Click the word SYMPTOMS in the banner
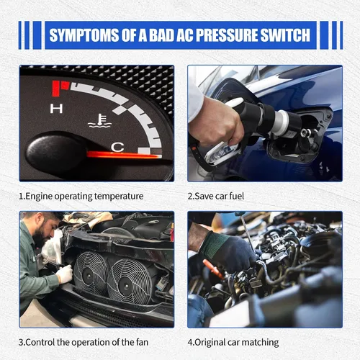coord(84,35)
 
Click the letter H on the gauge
coord(56,109)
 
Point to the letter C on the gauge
coord(117,147)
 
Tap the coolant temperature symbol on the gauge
coord(100,120)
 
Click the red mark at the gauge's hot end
coord(60,89)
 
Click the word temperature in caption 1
coord(119,197)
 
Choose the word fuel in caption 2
coord(236,196)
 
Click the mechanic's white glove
coord(64,274)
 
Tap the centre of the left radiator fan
coord(89,276)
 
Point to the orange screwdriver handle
coord(212,269)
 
